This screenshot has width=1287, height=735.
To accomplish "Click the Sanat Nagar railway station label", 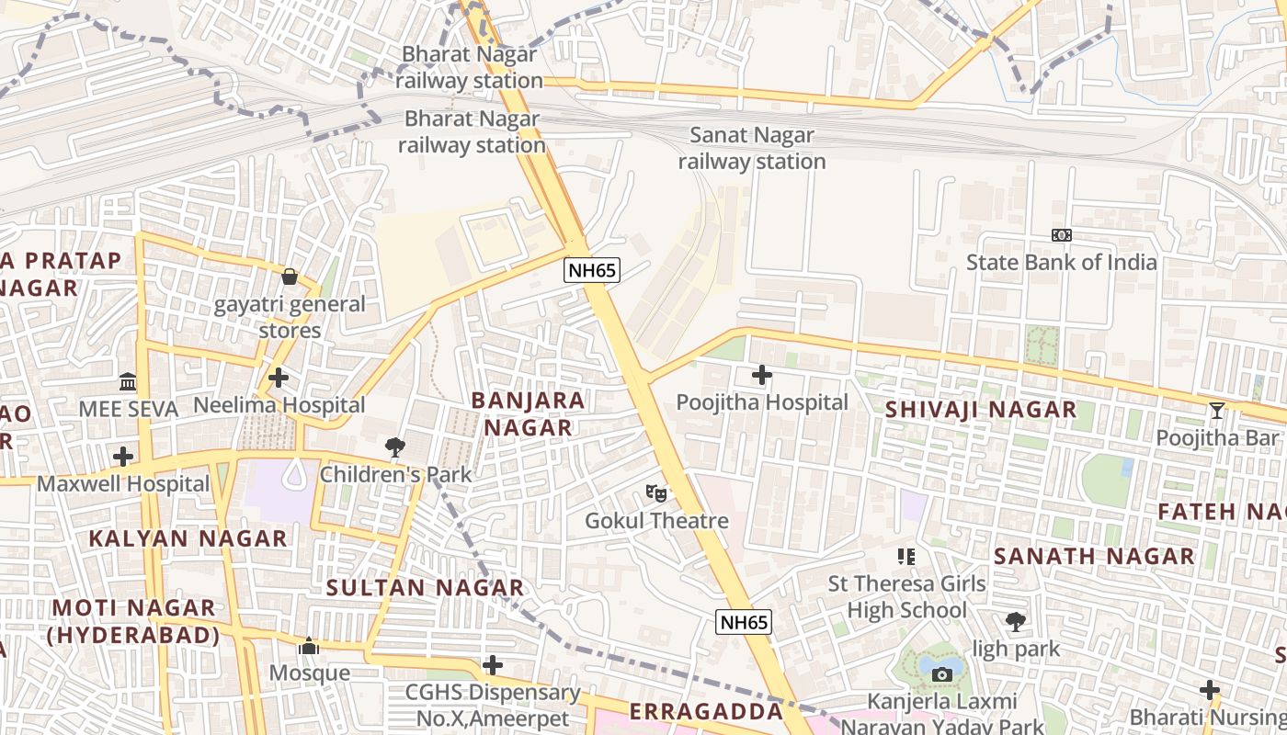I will pyautogui.click(x=752, y=149).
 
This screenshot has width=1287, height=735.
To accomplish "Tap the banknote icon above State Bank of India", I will pyautogui.click(x=1062, y=235).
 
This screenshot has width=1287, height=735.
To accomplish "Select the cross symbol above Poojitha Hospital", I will pyautogui.click(x=762, y=375).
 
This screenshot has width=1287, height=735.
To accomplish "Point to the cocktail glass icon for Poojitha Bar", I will pyautogui.click(x=1217, y=410).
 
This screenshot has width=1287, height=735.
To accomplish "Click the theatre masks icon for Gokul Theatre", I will pyautogui.click(x=656, y=493).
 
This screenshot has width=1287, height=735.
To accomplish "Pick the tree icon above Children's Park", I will pyautogui.click(x=395, y=447).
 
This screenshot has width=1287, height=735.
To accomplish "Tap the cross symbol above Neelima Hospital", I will pyautogui.click(x=279, y=378).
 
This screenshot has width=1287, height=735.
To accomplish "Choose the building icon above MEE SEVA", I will pyautogui.click(x=128, y=381).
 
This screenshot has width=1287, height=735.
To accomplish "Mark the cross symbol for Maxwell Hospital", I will pyautogui.click(x=123, y=457).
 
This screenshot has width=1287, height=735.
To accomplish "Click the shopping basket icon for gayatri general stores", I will pyautogui.click(x=290, y=277).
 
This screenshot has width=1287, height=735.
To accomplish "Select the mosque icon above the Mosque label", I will pyautogui.click(x=309, y=647).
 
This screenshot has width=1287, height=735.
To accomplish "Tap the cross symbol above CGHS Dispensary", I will pyautogui.click(x=493, y=664).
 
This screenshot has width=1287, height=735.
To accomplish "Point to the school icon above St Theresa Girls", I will pyautogui.click(x=906, y=556).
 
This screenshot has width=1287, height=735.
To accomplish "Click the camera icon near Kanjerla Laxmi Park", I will pyautogui.click(x=941, y=675).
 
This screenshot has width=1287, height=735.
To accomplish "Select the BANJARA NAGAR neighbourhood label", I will pyautogui.click(x=528, y=413).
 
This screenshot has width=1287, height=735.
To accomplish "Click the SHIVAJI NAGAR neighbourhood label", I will pyautogui.click(x=981, y=410).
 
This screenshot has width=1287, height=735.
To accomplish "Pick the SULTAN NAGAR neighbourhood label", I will pyautogui.click(x=426, y=588).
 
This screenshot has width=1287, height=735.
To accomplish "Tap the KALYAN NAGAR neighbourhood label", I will pyautogui.click(x=188, y=538).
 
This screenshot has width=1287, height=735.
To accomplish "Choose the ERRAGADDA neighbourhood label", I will pyautogui.click(x=706, y=712).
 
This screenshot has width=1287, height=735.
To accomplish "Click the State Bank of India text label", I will pyautogui.click(x=1062, y=263).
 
